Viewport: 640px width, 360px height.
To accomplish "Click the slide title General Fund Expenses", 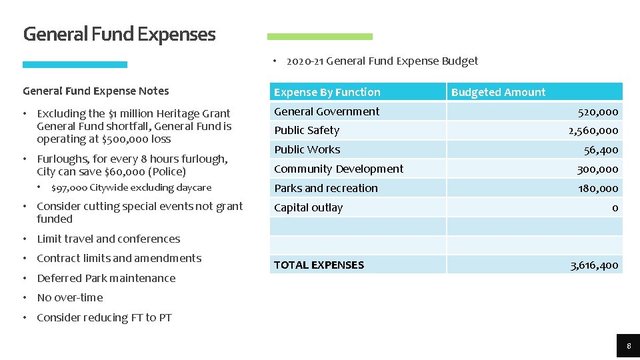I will tap(119, 34).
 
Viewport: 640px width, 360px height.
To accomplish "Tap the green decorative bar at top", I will tap(320, 37).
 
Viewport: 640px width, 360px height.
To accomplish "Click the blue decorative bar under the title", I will tap(75, 65).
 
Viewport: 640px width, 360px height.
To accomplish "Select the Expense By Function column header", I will tap(327, 92).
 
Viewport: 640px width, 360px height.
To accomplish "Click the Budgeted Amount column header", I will tap(498, 92).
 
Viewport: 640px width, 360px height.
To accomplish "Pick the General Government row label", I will tap(327, 111).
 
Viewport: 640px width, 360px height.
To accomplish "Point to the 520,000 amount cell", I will tap(597, 112).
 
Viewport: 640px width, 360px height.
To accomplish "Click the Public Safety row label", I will tap(307, 130).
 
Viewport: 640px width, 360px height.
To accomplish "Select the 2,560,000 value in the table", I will tap(593, 131).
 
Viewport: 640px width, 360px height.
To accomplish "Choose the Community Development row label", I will tap(339, 169).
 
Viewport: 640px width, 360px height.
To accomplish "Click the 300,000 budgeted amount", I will tap(597, 169).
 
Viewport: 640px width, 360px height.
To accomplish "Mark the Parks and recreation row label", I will tap(326, 188).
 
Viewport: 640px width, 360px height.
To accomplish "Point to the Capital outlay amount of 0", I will tap(615, 208).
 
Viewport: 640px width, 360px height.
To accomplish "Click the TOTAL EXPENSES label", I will tap(319, 265).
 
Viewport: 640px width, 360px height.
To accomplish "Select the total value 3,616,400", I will tap(594, 265).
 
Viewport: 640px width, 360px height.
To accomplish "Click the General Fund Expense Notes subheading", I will tap(96, 91).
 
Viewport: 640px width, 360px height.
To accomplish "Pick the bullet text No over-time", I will tap(70, 297).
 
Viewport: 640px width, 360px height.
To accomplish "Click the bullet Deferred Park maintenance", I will tap(106, 278).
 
